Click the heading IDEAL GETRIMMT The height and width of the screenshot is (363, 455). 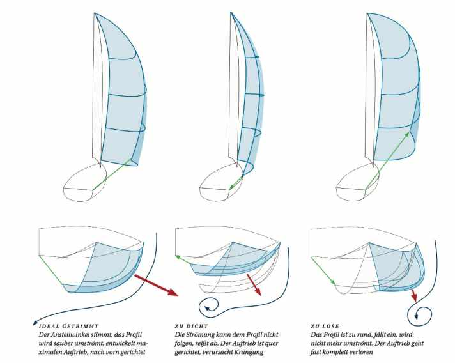pyautogui.click(x=69, y=326)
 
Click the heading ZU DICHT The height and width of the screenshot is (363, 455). pyautogui.click(x=192, y=326)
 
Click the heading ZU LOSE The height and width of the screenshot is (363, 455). pyautogui.click(x=325, y=326)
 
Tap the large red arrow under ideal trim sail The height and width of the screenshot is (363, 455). pyautogui.click(x=156, y=286)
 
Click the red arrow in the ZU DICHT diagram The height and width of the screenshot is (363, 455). pyautogui.click(x=254, y=284)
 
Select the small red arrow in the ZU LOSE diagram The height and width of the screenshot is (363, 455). pyautogui.click(x=414, y=295)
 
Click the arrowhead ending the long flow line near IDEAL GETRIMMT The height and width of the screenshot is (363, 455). pyautogui.click(x=35, y=322)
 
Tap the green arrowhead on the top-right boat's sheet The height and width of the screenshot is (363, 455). pyautogui.click(x=408, y=134)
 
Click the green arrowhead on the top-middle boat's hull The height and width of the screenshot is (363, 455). pyautogui.click(x=231, y=187)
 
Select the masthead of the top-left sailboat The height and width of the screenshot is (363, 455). pyautogui.click(x=95, y=13)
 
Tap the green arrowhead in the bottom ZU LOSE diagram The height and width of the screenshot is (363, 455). pyautogui.click(x=333, y=282)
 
